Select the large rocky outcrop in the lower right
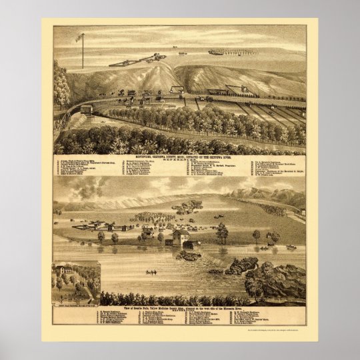point(275,280)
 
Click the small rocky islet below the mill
point(189,255)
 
